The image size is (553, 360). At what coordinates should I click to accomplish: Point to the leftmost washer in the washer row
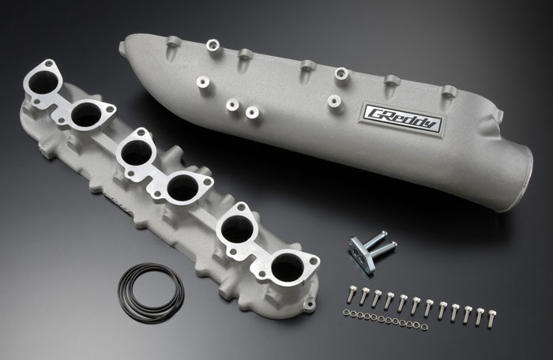click(x=346, y=313)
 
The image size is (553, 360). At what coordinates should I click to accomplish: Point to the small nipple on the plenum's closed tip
click(x=122, y=49)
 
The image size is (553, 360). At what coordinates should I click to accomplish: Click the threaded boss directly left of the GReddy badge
click(x=334, y=101)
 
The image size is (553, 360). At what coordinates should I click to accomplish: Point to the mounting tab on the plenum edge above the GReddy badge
click(x=391, y=81)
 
